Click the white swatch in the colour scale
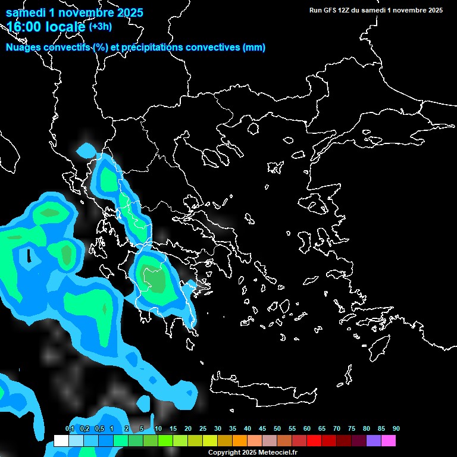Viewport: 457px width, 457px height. coord(61,441)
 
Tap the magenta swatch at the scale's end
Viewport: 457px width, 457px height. coord(389,441)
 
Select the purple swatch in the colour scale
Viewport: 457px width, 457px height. coord(373,441)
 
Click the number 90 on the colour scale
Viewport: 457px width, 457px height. coord(396,429)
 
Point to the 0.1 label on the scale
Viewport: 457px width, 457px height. coord(70,429)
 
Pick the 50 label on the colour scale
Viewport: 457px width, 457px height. coord(277,429)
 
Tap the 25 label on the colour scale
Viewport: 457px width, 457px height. coord(203,429)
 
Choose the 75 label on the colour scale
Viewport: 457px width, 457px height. coord(352,429)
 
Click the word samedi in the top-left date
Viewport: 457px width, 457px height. coord(27,12)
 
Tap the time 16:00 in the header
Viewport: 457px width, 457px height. coord(26,27)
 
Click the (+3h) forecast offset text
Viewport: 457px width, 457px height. coord(100,27)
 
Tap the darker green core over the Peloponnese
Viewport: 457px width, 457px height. coord(155,280)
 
